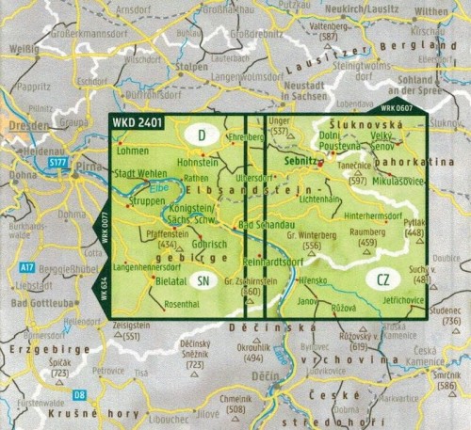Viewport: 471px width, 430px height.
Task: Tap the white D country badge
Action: point(202,135)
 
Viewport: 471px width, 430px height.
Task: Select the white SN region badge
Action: point(204,280)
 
